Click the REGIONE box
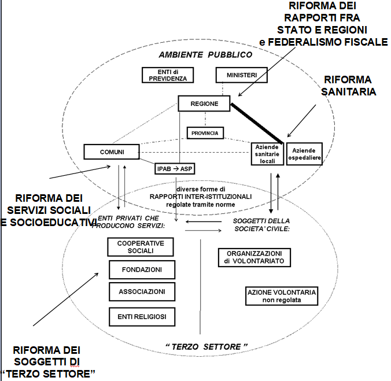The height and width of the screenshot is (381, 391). tap(205, 104)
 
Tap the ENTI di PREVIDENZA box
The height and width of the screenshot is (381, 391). tap(168, 75)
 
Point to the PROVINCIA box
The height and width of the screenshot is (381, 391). tap(206, 133)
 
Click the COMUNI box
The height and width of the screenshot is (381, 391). tap(112, 151)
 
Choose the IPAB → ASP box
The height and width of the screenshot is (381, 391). tap(174, 168)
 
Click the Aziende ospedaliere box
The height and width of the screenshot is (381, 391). tap(304, 153)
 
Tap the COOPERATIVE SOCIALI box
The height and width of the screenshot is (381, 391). tap(141, 247)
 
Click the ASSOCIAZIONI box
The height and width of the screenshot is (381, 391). tap(142, 292)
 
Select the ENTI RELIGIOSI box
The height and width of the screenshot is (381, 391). tap(142, 316)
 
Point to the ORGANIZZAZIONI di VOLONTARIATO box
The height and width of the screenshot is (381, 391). tap(254, 257)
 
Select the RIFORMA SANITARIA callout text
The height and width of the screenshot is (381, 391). tap(347, 86)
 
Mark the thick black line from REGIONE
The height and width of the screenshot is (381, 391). tap(257, 123)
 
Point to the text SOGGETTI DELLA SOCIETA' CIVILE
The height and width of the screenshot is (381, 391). tap(261, 225)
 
